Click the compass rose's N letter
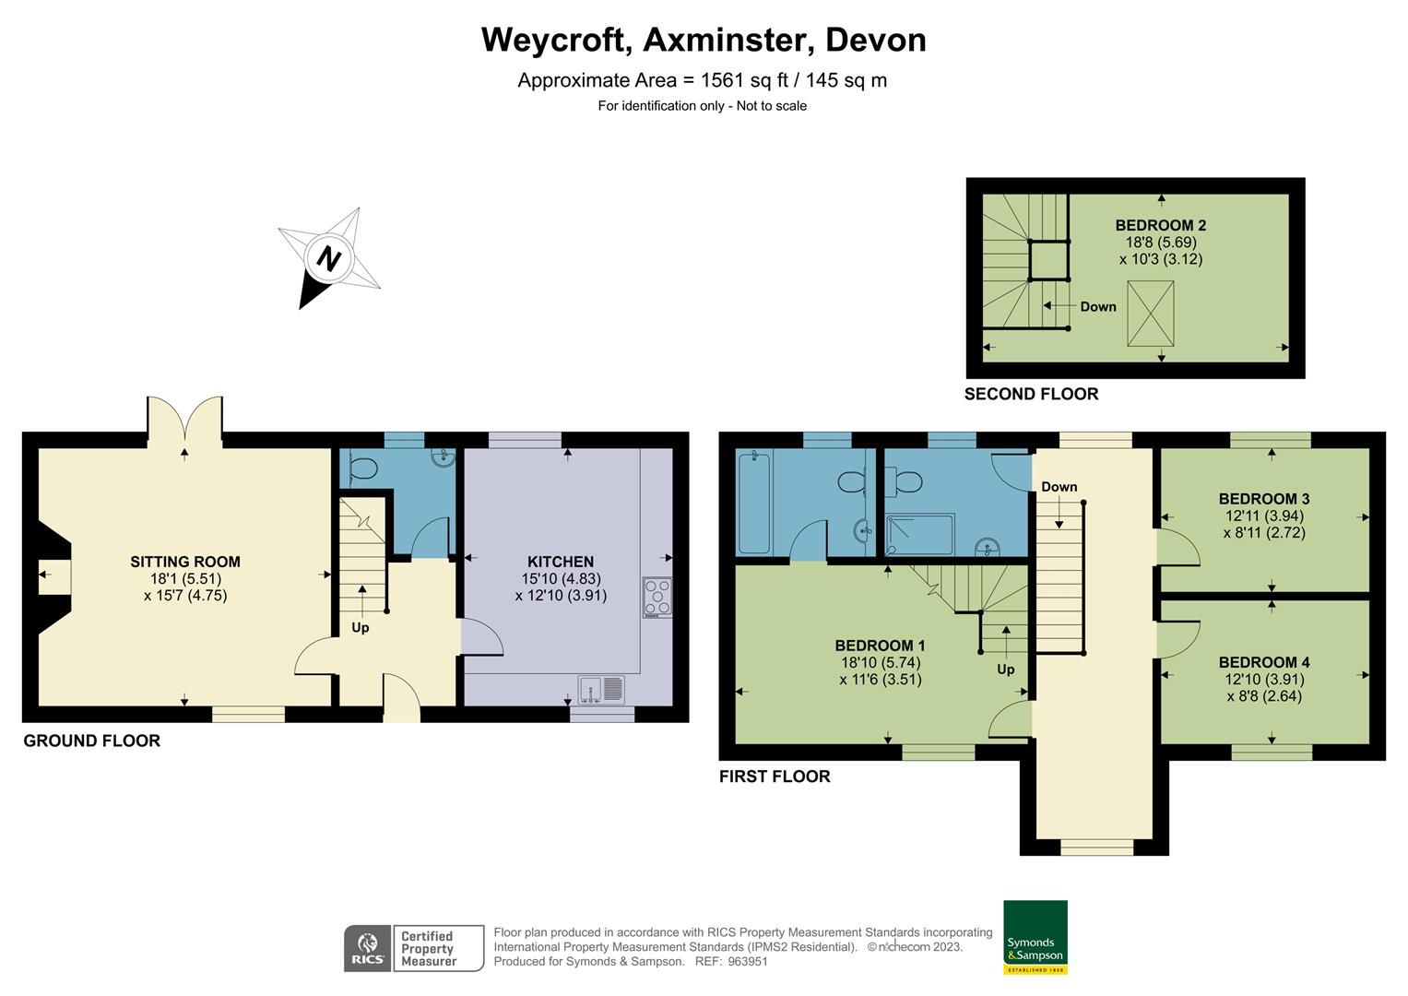pos(328,257)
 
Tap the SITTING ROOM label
pos(184,562)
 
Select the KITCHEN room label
pos(560,562)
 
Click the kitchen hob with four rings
pos(657,596)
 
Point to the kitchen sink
pos(600,688)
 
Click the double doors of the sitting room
pos(184,420)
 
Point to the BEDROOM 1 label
pos(880,646)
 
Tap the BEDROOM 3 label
pos(1263,499)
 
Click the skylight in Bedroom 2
pos(1151,314)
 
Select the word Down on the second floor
pos(1097,307)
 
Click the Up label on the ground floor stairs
pos(360,627)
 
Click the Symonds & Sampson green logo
pos(1035,937)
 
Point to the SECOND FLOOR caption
pos(1031,394)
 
